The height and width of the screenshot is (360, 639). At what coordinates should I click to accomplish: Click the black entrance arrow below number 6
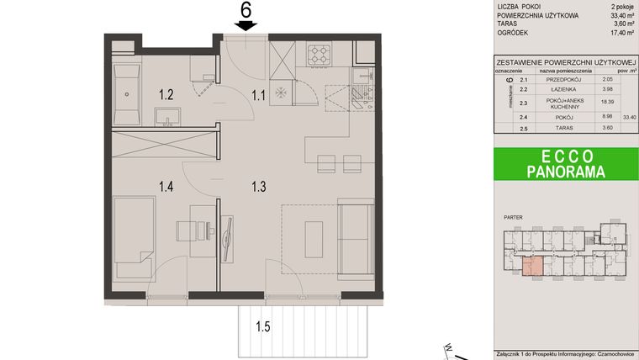246,26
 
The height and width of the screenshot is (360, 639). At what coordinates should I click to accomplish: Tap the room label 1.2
166,94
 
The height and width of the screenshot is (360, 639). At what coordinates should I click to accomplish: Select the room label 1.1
259,94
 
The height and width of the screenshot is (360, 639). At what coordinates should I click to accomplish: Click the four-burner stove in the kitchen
319,55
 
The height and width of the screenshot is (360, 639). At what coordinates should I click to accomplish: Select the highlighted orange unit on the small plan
531,267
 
